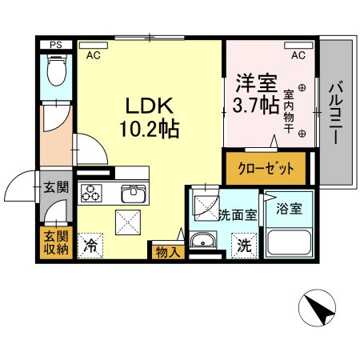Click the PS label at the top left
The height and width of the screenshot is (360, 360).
point(55,46)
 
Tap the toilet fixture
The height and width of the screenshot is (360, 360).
point(57,74)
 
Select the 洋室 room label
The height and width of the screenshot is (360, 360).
point(254,82)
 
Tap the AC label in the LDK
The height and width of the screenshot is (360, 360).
point(93,55)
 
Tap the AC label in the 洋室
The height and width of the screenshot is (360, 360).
point(298,55)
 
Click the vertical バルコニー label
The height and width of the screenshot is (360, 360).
point(336,112)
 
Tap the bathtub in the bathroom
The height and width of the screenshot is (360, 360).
point(290,241)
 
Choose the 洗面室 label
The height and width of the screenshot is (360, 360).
point(238,215)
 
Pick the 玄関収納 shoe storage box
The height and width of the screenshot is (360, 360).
point(55,242)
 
